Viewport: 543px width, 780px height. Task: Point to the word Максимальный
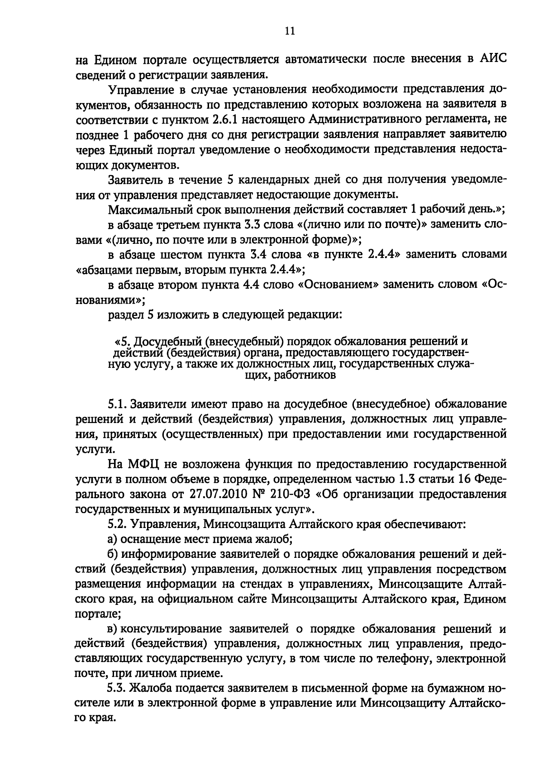[147, 210]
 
